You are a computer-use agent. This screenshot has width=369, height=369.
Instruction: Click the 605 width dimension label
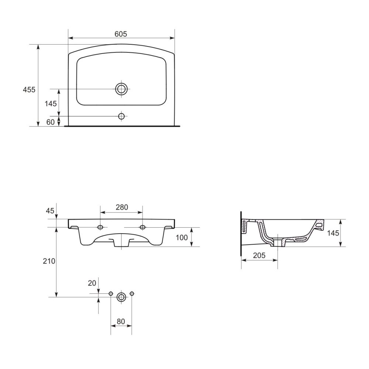[x=121, y=34]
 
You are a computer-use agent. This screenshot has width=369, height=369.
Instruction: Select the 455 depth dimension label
[x=29, y=90]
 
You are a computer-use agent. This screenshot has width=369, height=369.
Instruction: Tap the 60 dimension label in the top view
[x=50, y=122]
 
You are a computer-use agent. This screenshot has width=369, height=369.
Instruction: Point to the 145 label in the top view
[x=51, y=104]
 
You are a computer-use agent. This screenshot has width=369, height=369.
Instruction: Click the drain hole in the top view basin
[x=121, y=89]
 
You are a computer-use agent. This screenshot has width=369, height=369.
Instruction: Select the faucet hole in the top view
[x=121, y=116]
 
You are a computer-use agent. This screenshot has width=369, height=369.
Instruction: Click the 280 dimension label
[x=122, y=207]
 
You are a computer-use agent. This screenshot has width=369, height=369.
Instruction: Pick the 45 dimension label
[x=50, y=211]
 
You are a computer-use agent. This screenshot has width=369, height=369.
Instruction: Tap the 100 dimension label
[x=182, y=238]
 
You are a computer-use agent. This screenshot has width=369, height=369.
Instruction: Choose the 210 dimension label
[x=49, y=261]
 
